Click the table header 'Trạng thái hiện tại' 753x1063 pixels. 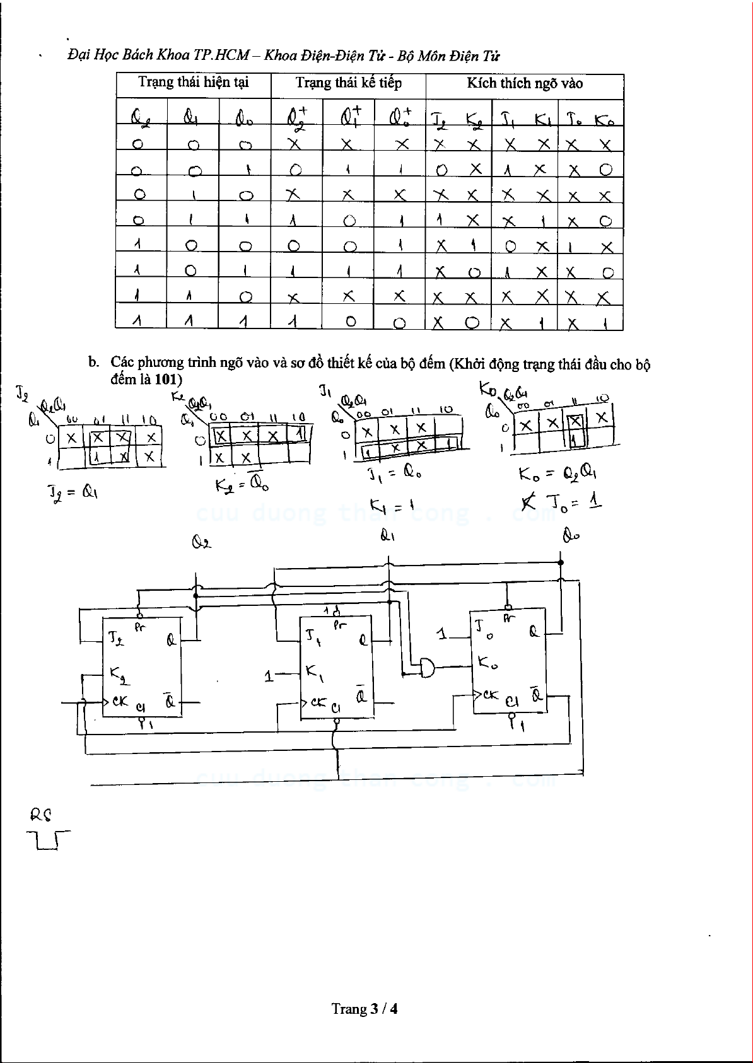tap(194, 83)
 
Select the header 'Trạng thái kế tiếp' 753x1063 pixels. tap(348, 83)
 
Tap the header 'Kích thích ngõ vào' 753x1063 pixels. tap(524, 83)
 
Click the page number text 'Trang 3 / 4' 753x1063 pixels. tap(365, 1009)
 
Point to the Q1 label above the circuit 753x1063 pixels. tap(388, 537)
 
